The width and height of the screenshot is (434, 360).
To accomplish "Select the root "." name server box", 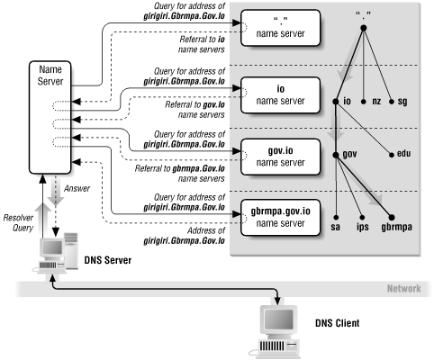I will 279,29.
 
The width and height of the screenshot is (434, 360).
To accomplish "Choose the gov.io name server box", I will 279,153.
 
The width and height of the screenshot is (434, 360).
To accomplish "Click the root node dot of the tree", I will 363,27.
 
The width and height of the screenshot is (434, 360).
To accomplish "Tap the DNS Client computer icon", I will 277,329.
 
